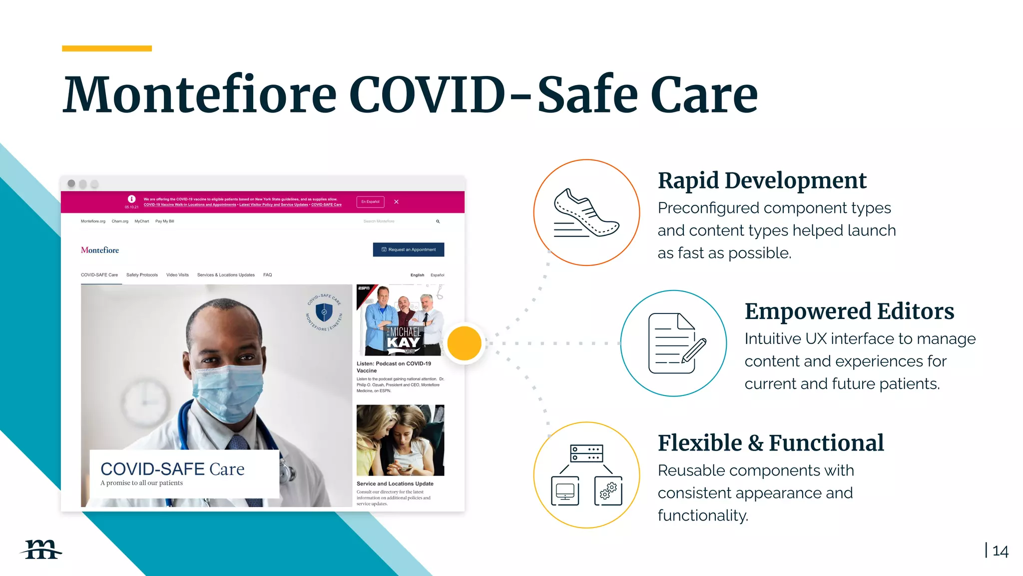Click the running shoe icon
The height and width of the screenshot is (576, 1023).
[x=586, y=212]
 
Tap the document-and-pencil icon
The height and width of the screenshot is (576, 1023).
[x=674, y=343]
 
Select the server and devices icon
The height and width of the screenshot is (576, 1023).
[x=586, y=475]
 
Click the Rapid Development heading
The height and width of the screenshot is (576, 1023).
[x=762, y=180]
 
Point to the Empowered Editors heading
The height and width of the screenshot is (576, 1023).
[x=849, y=311]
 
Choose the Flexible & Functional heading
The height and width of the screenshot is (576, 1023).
[x=770, y=443]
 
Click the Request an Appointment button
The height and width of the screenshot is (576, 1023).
[x=409, y=249]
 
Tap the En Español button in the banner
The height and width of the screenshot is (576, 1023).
[x=370, y=201]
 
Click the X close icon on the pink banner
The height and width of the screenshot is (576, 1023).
[x=396, y=201]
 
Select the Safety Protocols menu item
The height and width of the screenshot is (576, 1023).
[x=142, y=275]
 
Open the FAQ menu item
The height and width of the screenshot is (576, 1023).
[x=268, y=275]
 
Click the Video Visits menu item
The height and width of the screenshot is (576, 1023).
[x=177, y=275]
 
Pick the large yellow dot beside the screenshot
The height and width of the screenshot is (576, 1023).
[x=464, y=343]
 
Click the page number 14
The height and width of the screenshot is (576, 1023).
[x=1000, y=551]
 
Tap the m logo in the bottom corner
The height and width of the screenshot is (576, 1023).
[x=41, y=549]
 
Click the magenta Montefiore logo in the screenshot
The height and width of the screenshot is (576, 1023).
[x=100, y=250]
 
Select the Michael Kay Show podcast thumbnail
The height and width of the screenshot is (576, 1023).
[x=400, y=320]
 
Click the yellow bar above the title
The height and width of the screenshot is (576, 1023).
[x=107, y=48]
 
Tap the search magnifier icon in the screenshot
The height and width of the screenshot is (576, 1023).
[x=438, y=221]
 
